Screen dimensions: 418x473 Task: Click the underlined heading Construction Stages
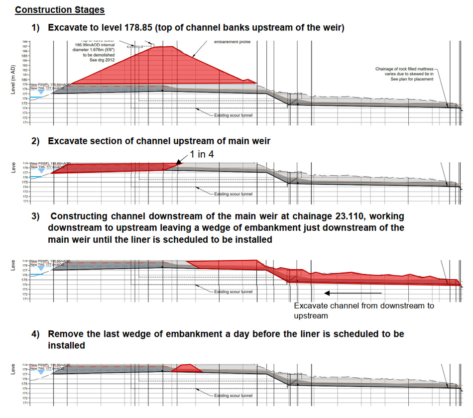(x=59, y=10)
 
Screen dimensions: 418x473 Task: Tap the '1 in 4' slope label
(x=202, y=155)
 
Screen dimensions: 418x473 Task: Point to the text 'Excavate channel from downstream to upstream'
(x=363, y=311)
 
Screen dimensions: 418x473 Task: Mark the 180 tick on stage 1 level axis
(x=25, y=80)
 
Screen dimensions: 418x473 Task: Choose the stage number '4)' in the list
(x=36, y=334)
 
